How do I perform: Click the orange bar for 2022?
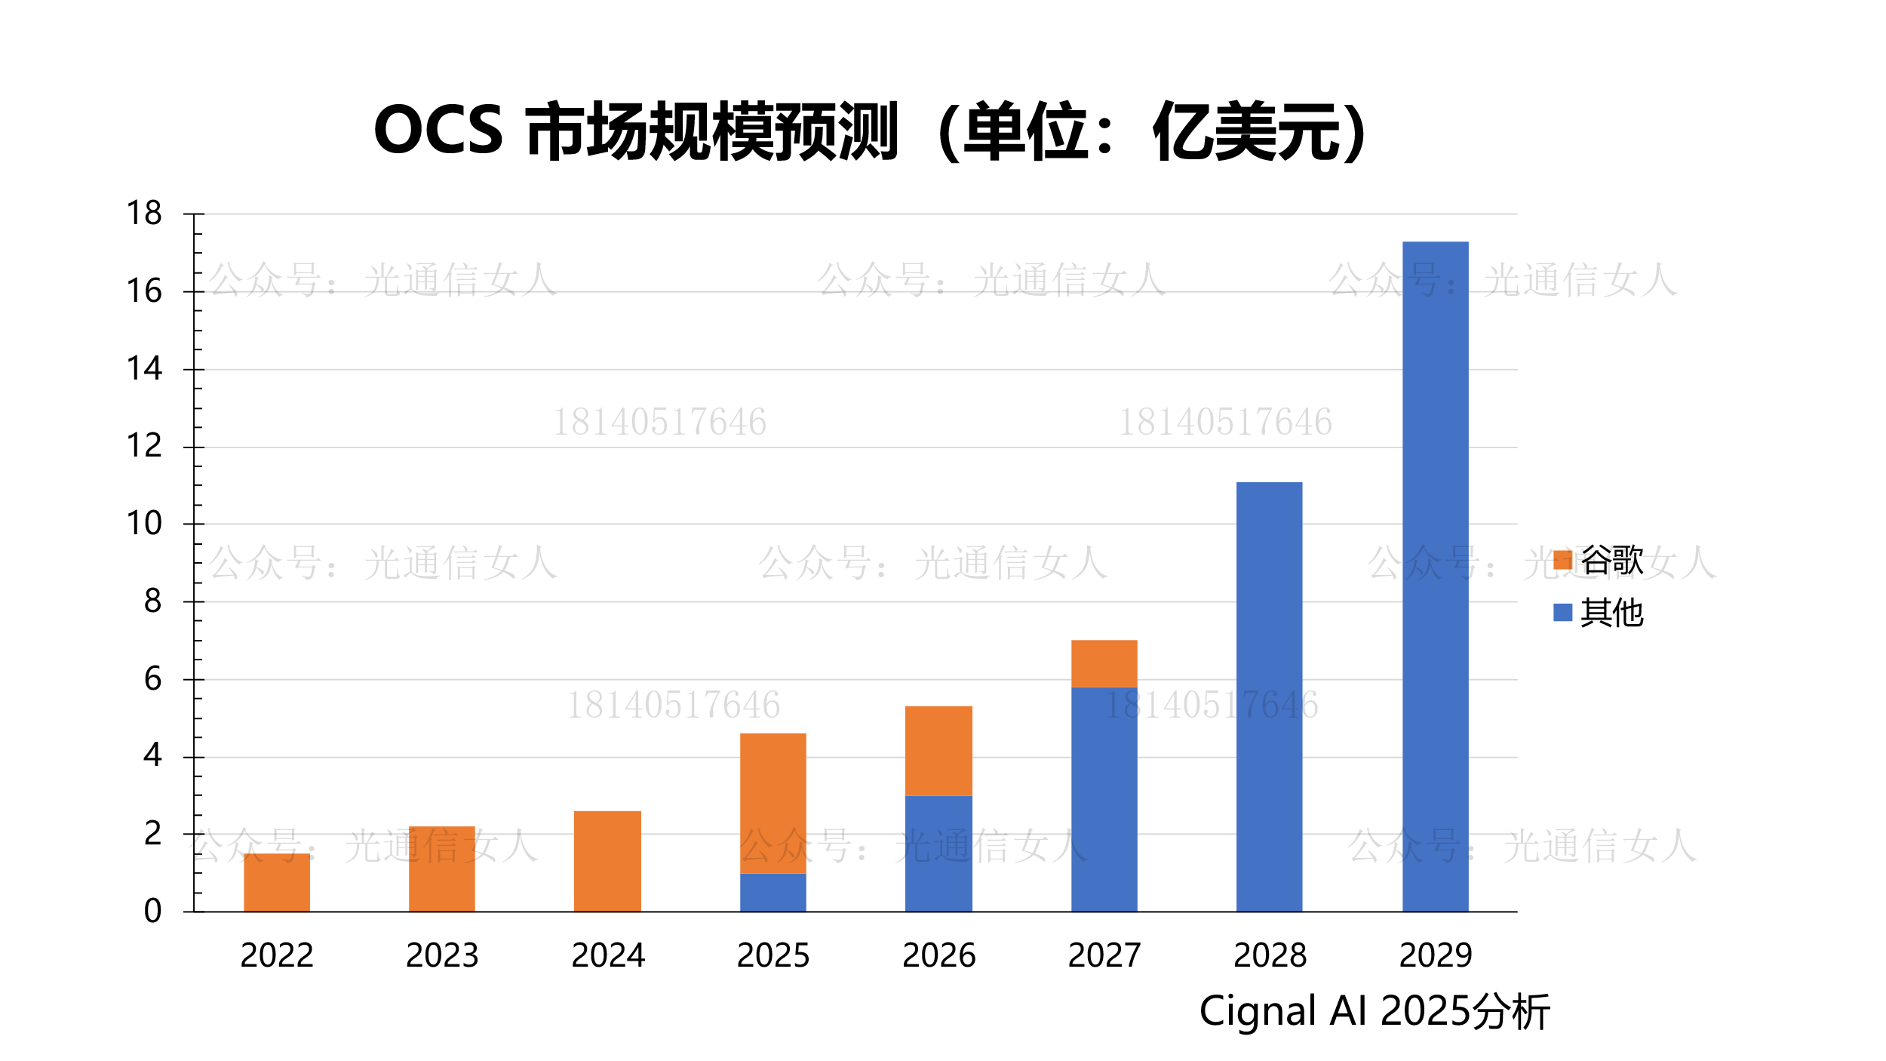277,882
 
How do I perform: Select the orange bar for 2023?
442,869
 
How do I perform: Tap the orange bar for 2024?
607,861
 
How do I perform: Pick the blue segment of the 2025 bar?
773,893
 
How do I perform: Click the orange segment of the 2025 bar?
773,803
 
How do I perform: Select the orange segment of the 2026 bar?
938,751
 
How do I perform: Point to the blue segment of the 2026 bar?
938,853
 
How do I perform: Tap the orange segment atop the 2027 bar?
1104,663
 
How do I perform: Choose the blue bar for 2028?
1269,697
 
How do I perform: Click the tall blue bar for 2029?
1435,577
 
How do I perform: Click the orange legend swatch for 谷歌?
1562,560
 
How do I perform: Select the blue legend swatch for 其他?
1562,612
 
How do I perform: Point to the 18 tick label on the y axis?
144,214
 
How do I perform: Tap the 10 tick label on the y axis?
144,524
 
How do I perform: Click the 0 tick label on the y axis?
152,912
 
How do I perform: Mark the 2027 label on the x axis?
1104,955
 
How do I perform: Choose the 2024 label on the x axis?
608,955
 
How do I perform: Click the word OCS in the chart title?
438,131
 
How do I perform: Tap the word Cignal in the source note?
1258,1011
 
